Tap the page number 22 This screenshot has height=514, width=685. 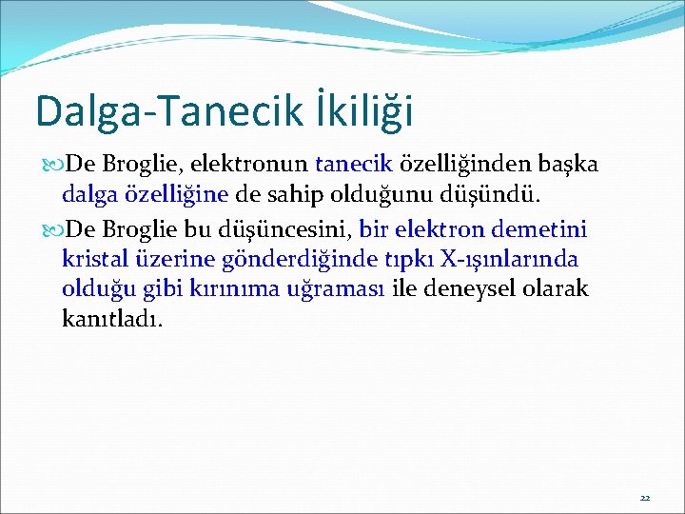coord(644,498)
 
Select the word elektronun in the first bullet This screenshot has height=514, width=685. coord(250,166)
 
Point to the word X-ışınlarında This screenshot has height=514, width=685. coord(519,259)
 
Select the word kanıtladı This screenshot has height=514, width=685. coord(112,318)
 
